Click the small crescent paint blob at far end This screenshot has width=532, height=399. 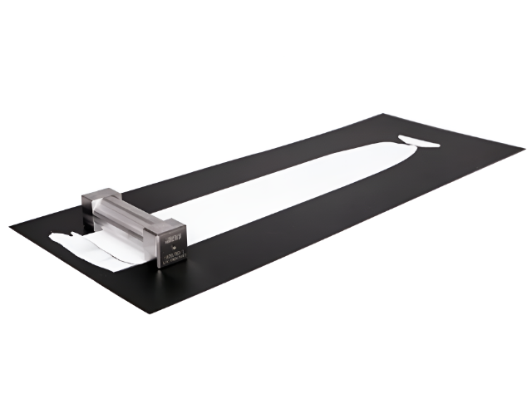419,140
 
